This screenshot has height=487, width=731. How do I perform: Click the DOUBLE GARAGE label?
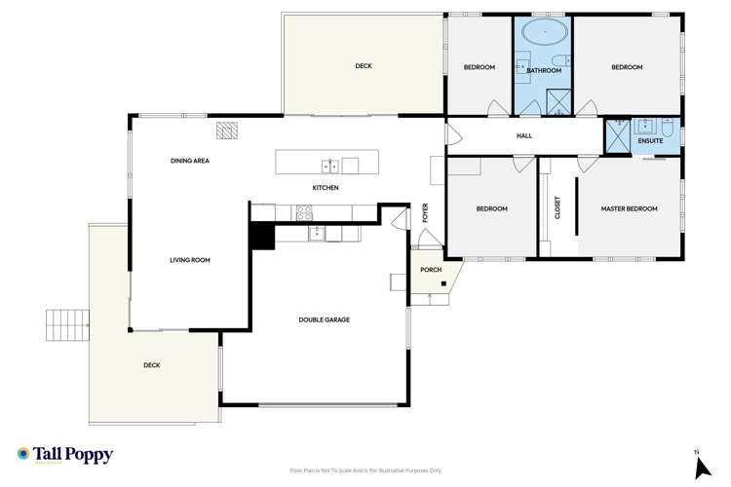(324, 319)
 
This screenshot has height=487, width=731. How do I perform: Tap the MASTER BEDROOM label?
(629, 208)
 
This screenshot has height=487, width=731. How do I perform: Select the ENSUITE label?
(650, 141)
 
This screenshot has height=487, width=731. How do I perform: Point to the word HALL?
(524, 135)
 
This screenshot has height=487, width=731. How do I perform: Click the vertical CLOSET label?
(558, 208)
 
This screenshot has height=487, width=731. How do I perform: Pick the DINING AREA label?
(190, 161)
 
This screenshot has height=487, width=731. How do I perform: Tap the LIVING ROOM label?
(190, 260)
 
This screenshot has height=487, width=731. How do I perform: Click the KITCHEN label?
(326, 187)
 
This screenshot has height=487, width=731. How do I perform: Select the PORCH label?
(431, 270)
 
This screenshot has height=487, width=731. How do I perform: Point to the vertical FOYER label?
(425, 212)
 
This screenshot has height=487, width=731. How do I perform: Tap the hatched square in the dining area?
(227, 131)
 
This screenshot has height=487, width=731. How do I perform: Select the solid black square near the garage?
(260, 237)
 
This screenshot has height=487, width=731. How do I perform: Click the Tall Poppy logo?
(65, 455)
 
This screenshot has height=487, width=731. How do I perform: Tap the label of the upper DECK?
(364, 66)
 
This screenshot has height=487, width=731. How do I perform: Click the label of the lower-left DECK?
(151, 365)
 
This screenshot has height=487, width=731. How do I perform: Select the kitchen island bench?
(317, 163)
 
